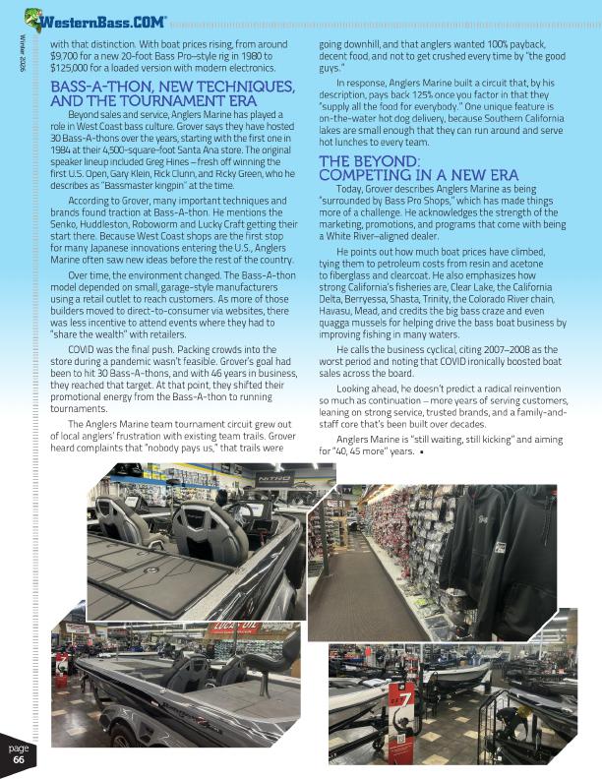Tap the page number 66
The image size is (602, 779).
[19, 758]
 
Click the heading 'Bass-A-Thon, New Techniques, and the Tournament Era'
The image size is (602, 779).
[152, 93]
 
